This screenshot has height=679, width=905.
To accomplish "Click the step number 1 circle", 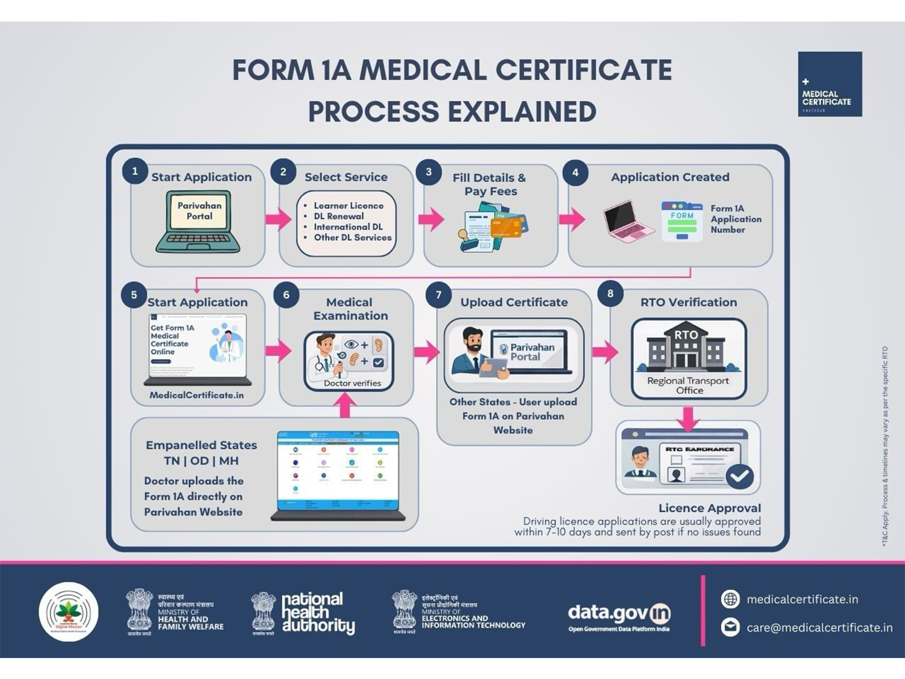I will click(x=135, y=171).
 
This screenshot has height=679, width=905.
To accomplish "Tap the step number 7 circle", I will click(x=438, y=295).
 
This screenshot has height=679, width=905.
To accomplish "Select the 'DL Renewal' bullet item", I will click(x=339, y=216).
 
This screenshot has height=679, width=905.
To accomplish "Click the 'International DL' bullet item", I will click(x=348, y=227).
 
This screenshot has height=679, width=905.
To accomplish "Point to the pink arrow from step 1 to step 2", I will click(x=278, y=218).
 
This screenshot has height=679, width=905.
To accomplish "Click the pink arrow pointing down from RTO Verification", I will click(x=688, y=418).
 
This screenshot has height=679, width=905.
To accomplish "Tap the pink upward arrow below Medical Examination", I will click(x=345, y=405).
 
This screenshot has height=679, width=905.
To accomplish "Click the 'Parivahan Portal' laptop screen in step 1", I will click(x=199, y=211).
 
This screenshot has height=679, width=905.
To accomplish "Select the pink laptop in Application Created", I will click(x=627, y=221).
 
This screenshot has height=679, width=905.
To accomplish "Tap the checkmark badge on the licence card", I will click(x=739, y=476).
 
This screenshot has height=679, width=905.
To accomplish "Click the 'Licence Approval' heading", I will click(x=709, y=508).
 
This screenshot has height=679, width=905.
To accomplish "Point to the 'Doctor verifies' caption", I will click(x=352, y=383).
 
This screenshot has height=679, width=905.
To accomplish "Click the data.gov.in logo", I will click(x=619, y=616).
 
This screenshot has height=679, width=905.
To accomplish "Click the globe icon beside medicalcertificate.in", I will click(x=730, y=599).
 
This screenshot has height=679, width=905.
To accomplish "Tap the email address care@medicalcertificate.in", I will click(x=819, y=628).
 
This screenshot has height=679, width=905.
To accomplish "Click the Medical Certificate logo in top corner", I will click(x=830, y=84).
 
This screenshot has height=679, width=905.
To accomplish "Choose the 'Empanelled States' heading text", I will click(x=201, y=445).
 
